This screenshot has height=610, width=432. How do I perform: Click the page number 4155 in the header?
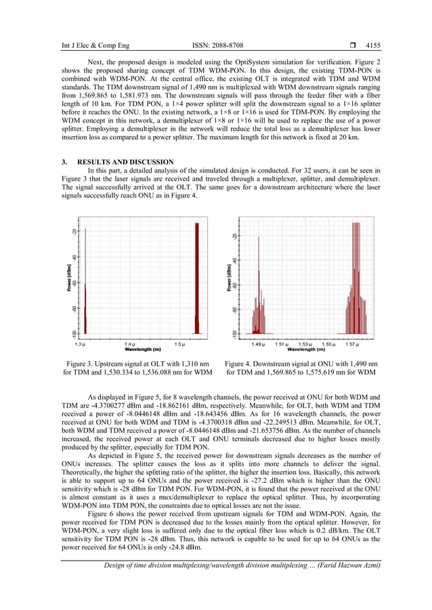[372, 46]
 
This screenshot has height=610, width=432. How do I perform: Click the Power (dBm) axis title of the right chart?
[230, 277]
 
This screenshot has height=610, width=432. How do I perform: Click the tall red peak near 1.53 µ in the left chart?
[196, 277]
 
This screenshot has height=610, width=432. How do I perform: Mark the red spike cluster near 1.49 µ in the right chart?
[259, 318]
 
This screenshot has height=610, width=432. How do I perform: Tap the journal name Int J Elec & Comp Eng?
[81, 46]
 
